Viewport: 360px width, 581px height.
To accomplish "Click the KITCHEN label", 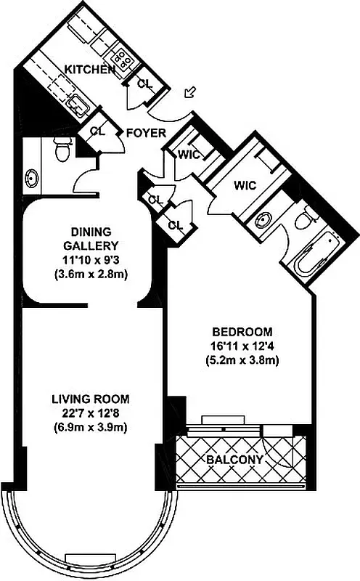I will click(x=90, y=69).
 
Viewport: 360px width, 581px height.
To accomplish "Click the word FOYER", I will click(x=146, y=133).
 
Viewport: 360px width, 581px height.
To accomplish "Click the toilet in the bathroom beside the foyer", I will click(x=62, y=151).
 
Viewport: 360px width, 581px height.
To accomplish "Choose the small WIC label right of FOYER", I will click(x=190, y=153).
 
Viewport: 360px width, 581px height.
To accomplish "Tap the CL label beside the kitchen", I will click(x=144, y=84).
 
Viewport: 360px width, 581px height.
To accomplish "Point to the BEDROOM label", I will click(x=242, y=331).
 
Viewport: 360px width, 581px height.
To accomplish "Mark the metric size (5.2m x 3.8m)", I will click(x=242, y=359).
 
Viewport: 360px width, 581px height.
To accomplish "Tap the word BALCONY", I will click(x=235, y=460).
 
